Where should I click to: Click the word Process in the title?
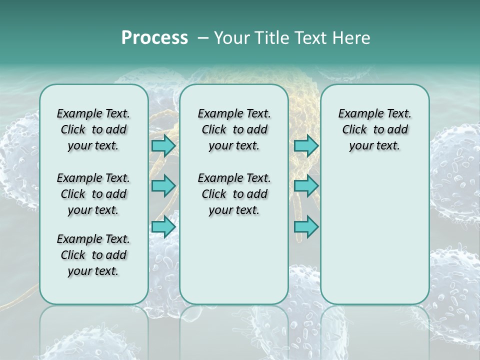[154, 38]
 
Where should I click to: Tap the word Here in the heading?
[351, 38]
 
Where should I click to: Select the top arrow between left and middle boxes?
[163, 145]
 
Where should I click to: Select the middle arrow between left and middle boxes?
[163, 186]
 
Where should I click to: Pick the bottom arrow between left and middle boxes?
[163, 227]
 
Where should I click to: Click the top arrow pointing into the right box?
[306, 145]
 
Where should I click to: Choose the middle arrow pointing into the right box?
[306, 186]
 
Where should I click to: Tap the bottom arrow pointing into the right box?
[306, 227]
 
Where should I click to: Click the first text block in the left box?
[93, 130]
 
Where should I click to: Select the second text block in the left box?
[93, 194]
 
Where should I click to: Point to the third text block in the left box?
[93, 255]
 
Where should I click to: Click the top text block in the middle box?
[234, 130]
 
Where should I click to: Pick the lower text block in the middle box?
[234, 194]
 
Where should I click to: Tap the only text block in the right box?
[374, 130]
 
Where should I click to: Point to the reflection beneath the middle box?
[234, 330]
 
